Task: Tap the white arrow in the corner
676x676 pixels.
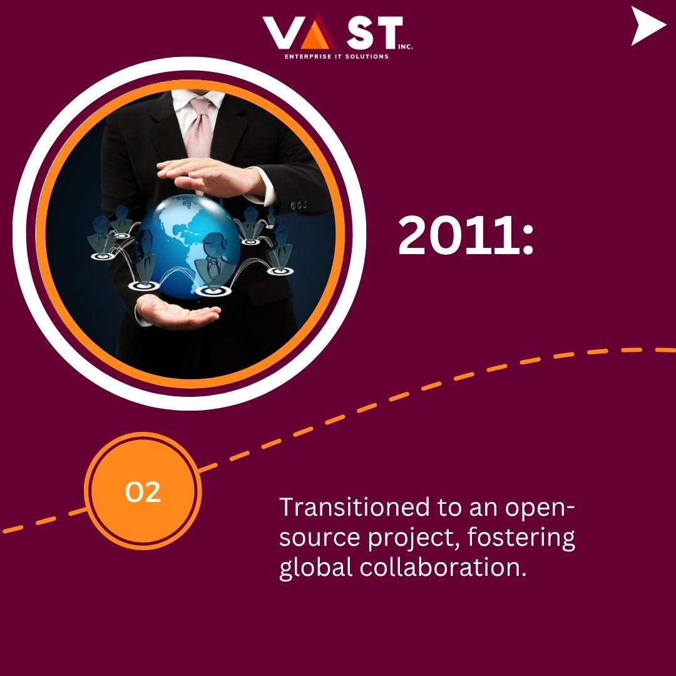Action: tap(648, 26)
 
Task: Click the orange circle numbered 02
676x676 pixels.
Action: tap(143, 491)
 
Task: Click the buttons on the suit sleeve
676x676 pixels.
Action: tap(299, 205)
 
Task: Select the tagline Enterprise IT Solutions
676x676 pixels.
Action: tap(336, 56)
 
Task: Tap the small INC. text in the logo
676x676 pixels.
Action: tap(405, 46)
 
